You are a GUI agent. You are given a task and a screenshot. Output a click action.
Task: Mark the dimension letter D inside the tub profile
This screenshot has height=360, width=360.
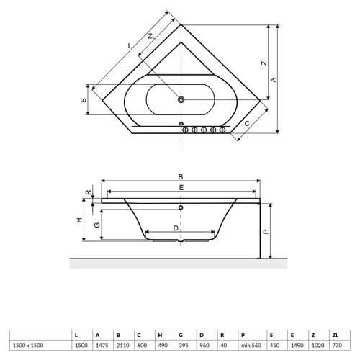177,228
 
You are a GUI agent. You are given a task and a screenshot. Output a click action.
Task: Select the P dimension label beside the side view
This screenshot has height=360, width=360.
266,232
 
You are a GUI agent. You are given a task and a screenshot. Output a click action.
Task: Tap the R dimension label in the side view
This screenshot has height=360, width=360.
87,193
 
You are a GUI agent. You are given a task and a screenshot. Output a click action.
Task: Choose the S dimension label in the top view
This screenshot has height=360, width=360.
83,100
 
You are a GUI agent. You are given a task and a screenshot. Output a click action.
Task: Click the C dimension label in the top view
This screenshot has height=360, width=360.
248,124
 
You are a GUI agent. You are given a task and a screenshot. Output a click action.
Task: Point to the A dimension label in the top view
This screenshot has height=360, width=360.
274,79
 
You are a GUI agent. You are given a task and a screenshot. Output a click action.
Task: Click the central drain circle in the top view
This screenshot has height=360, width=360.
181,100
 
